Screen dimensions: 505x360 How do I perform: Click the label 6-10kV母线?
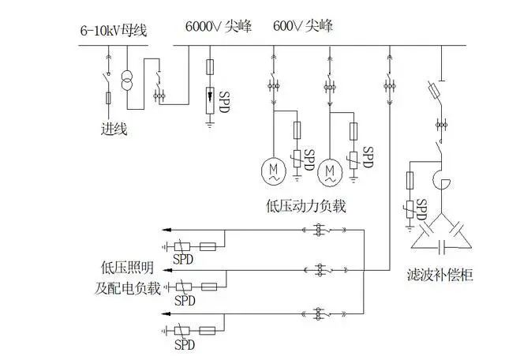pos(114,31)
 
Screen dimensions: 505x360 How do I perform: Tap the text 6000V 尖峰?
pos(219,26)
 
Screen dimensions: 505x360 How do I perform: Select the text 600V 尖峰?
pos(303,26)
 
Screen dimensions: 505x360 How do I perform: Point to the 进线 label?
pos(114,129)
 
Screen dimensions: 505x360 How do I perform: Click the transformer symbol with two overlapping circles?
pos(127,81)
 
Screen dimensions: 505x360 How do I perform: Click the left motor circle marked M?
pos(274,171)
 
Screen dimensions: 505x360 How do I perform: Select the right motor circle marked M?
pos(330,172)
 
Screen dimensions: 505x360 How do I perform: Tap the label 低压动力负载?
pos(306,206)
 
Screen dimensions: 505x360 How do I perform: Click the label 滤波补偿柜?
pos(440,275)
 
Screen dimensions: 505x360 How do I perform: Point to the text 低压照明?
pos(128,268)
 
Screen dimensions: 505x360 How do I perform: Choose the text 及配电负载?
pos(128,288)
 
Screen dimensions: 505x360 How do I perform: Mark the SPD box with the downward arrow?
pos(210,100)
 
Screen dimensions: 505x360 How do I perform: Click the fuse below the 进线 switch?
pos(109,98)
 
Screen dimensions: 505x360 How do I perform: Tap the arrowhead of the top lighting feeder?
pos(166,230)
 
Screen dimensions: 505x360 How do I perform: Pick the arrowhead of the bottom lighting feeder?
pos(166,313)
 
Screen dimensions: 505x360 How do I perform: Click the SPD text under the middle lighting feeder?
pos(185,300)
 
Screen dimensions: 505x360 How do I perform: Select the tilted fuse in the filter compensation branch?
pos(435,90)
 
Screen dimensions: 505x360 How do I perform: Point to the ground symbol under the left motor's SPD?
pos(297,178)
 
